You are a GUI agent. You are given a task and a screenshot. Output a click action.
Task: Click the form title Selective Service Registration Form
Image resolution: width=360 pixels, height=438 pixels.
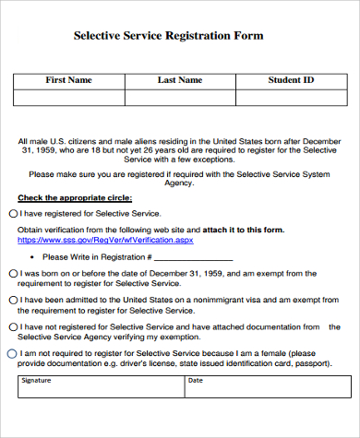(x=168, y=36)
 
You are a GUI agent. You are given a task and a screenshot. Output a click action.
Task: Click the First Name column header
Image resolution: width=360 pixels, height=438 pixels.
(x=68, y=80)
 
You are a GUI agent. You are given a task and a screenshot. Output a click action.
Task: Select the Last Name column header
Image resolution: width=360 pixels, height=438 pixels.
(x=180, y=80)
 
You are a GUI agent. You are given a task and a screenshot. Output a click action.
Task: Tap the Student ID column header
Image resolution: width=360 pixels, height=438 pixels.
(x=291, y=80)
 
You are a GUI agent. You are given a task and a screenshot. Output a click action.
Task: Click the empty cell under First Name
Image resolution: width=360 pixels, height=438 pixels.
(x=68, y=98)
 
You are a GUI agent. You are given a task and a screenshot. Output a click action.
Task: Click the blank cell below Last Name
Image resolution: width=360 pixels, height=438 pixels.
(x=180, y=98)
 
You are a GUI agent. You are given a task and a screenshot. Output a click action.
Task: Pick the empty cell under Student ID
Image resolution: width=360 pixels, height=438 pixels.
(x=291, y=98)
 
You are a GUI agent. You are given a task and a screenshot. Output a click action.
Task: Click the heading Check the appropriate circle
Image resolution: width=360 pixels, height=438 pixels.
(x=75, y=197)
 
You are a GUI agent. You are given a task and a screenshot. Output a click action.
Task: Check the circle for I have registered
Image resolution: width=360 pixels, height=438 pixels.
(x=12, y=213)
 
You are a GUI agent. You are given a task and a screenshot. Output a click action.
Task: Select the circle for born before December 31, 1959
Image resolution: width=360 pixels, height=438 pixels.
(x=12, y=274)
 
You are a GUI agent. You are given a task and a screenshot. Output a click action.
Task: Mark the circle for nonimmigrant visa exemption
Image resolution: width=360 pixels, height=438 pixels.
(x=12, y=300)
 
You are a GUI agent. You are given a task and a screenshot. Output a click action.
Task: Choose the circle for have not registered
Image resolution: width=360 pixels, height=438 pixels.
(x=12, y=326)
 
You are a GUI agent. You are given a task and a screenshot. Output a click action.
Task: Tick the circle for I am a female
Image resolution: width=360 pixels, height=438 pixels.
(x=12, y=353)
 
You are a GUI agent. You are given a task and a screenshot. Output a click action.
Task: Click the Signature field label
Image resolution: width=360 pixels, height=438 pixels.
(x=38, y=380)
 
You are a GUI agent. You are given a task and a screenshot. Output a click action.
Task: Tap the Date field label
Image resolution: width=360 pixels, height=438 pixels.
(x=196, y=380)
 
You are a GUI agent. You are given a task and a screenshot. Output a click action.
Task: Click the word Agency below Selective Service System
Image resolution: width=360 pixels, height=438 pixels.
(x=180, y=183)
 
